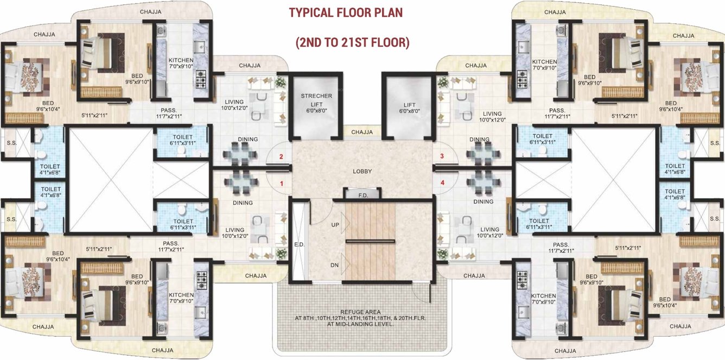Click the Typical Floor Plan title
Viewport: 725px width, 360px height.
346,12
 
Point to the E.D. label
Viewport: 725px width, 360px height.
300,244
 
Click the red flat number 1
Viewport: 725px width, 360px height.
282,184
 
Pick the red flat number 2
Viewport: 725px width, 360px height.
281,157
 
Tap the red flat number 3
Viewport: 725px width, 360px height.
442,156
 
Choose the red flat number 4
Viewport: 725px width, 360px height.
442,183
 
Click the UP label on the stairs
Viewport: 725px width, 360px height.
335,224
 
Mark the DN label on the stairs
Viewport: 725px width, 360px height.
335,265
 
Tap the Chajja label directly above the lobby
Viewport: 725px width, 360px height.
362,132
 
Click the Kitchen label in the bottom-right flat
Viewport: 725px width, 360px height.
543,296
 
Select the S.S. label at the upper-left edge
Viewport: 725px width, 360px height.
11,143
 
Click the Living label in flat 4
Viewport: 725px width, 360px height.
489,230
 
